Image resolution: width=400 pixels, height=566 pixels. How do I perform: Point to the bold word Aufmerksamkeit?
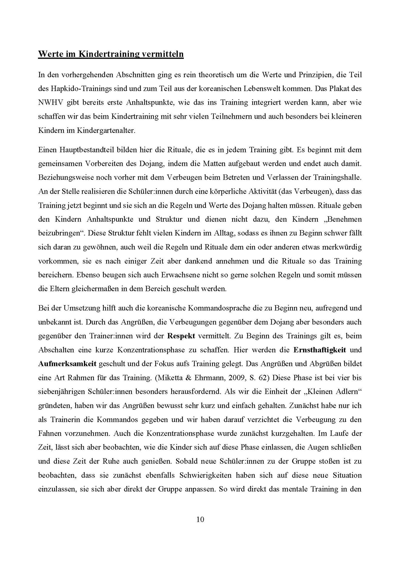point(67,364)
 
